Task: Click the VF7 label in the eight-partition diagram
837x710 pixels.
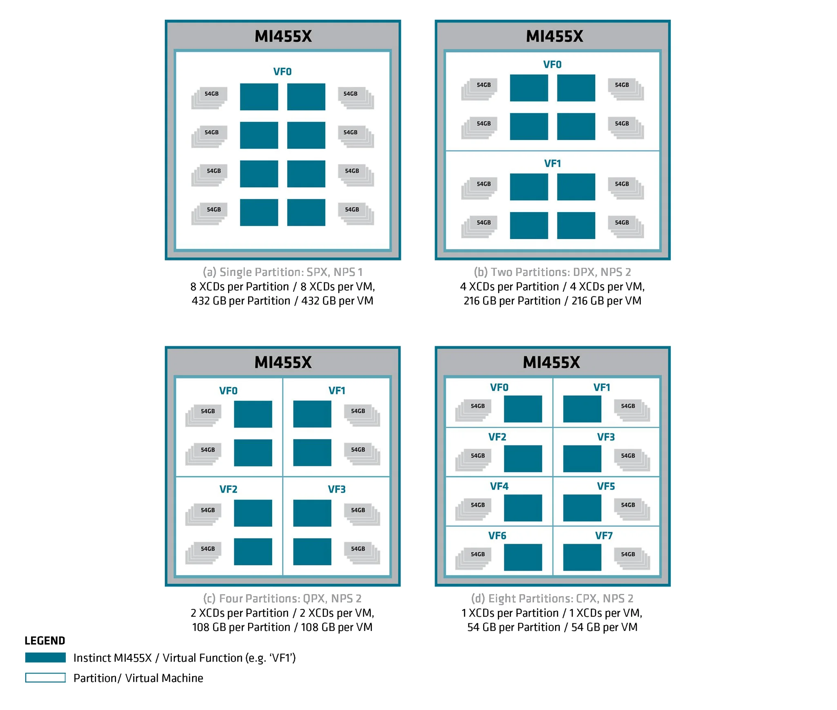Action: pyautogui.click(x=603, y=535)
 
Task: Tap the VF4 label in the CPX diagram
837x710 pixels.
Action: pyautogui.click(x=499, y=486)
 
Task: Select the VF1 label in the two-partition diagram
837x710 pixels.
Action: pyautogui.click(x=552, y=164)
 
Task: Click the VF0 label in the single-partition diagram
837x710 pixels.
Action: pyautogui.click(x=282, y=72)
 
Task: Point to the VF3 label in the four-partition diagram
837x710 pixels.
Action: pyautogui.click(x=336, y=489)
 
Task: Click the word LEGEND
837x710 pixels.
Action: pyautogui.click(x=45, y=640)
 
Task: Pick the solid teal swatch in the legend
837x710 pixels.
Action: pyautogui.click(x=45, y=657)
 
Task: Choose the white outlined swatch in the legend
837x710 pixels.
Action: pyautogui.click(x=45, y=677)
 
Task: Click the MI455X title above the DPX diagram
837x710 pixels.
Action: pyautogui.click(x=554, y=36)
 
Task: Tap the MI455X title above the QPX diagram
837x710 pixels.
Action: pyautogui.click(x=283, y=362)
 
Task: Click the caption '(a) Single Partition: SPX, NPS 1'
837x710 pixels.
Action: pyautogui.click(x=282, y=272)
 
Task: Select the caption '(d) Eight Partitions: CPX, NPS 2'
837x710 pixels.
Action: pyautogui.click(x=552, y=598)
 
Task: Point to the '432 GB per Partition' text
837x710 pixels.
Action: pyautogui.click(x=241, y=300)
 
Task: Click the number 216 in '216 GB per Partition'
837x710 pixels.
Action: pyautogui.click(x=471, y=300)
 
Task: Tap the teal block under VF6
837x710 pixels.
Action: pyautogui.click(x=523, y=557)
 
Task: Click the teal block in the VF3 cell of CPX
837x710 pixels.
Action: pyautogui.click(x=582, y=459)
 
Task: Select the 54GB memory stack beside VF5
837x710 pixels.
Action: pyautogui.click(x=632, y=509)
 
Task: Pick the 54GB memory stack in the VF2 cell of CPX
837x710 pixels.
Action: pyautogui.click(x=473, y=460)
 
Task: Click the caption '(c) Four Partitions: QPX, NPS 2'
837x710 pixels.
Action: pyautogui.click(x=282, y=598)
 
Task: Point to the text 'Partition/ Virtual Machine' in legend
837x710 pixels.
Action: pyautogui.click(x=138, y=678)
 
